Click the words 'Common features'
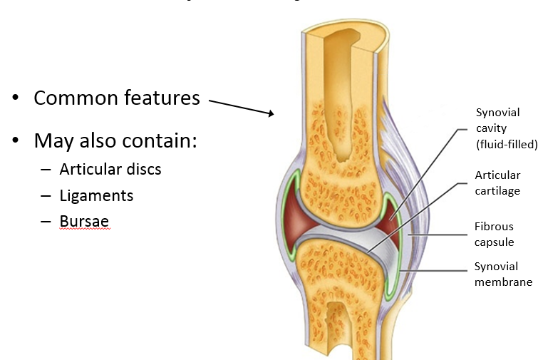click(x=116, y=98)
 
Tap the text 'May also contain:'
click(x=115, y=140)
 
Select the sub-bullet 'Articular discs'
click(x=110, y=170)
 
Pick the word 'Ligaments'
click(x=96, y=195)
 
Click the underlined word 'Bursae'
click(x=84, y=221)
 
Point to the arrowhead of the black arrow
click(x=271, y=114)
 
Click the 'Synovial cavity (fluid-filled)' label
click(x=506, y=128)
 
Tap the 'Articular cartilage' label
click(x=497, y=182)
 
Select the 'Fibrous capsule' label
click(x=494, y=235)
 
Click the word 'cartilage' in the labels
click(x=497, y=190)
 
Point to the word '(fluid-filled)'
click(x=506, y=145)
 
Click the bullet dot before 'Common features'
click(x=16, y=98)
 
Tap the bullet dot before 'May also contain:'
click(x=16, y=140)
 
